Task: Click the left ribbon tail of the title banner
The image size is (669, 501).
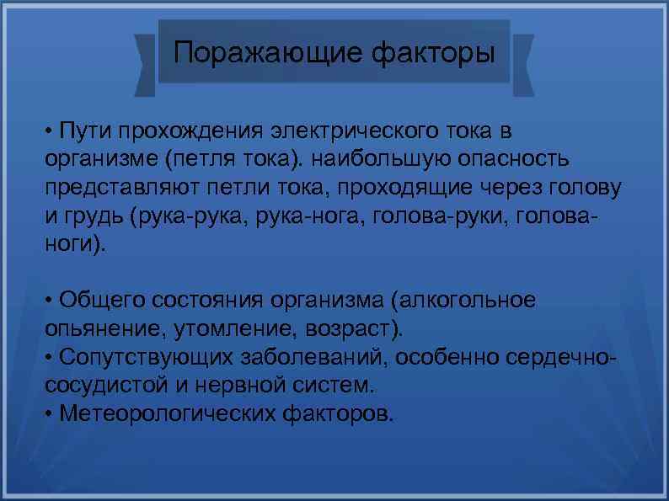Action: point(146,65)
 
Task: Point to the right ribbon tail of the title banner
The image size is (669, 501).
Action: point(523,65)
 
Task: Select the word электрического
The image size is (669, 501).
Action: point(353,132)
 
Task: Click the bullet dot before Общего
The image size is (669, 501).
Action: point(51,301)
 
